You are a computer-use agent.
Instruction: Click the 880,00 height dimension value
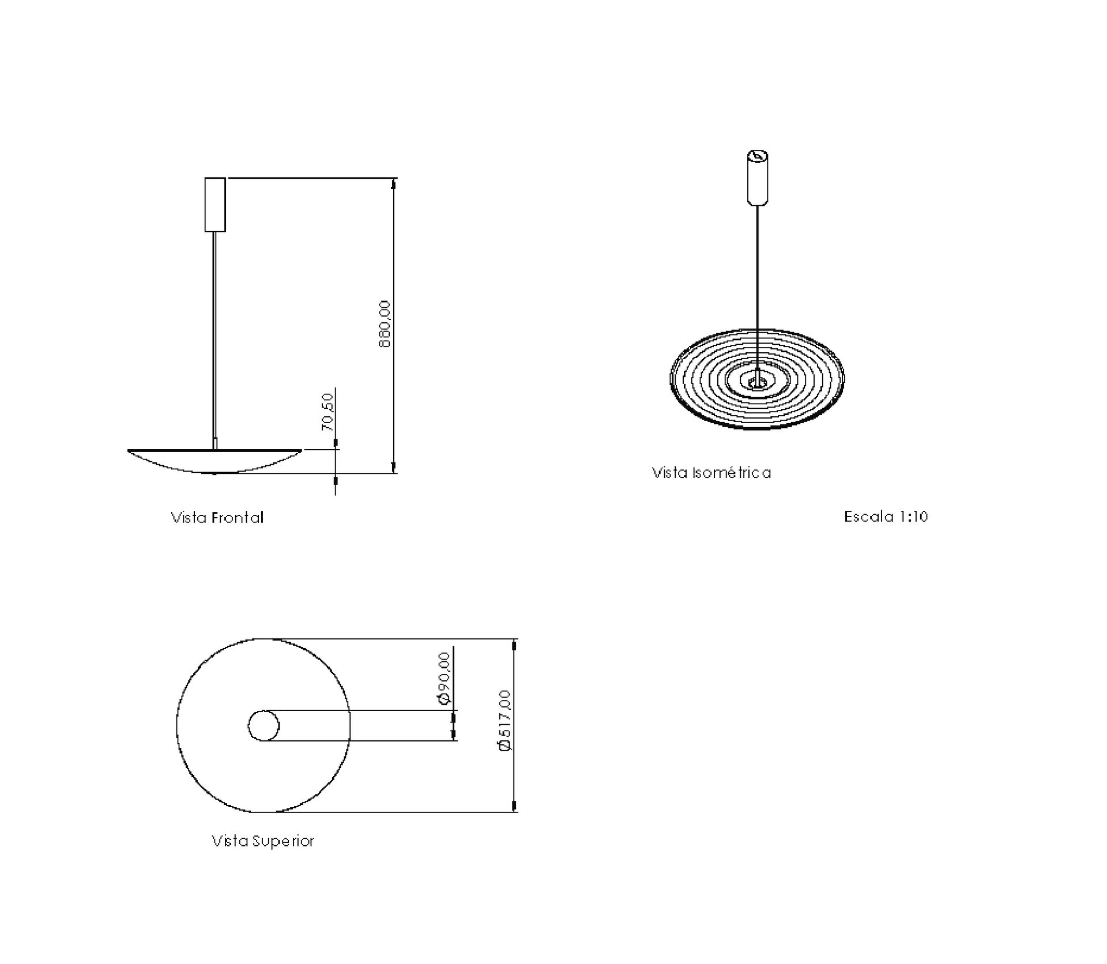point(385,324)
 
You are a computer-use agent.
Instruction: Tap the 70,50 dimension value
point(327,412)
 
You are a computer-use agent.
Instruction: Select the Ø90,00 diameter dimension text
point(444,679)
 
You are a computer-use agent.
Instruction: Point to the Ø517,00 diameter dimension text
point(504,720)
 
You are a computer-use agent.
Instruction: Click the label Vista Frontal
point(217,517)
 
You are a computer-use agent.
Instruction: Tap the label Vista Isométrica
point(711,473)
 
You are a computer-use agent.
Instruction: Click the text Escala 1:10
point(886,517)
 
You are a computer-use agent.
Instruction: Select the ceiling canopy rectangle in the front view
point(215,205)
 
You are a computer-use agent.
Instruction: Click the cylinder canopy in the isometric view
point(758,178)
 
